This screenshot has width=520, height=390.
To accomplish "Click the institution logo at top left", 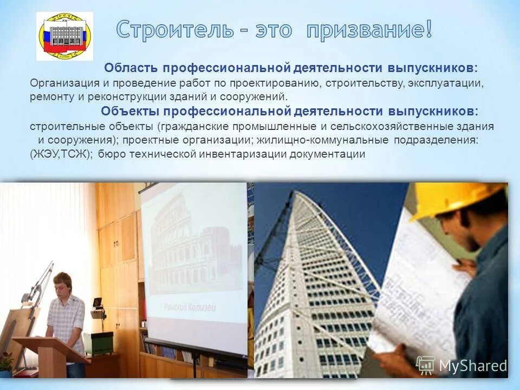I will click(64, 36).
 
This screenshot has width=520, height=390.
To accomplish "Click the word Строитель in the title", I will click(171, 29).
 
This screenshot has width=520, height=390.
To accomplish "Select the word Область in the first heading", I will click(131, 68).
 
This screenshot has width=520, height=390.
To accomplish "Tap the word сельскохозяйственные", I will click(393, 126).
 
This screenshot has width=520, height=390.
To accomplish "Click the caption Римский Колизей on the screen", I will click(191, 308).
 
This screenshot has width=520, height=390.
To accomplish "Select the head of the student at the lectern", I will click(63, 283).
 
